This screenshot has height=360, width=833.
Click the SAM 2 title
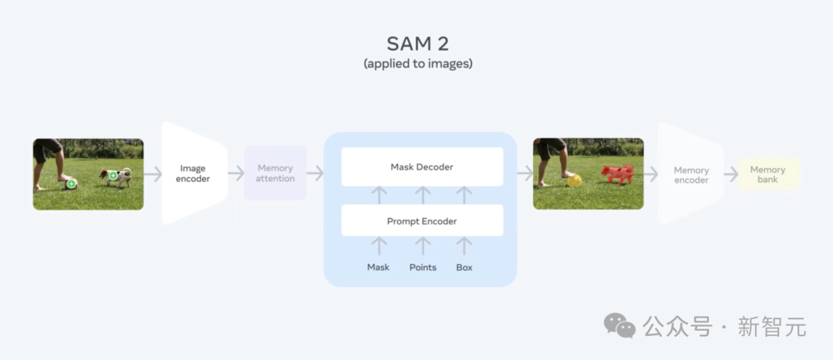417,43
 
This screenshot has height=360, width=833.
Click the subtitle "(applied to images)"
417,64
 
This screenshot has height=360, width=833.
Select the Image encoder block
194,173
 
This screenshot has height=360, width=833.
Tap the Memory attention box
275,173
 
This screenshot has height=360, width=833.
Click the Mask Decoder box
422,167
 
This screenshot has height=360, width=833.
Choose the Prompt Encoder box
422,221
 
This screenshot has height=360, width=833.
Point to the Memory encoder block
690,174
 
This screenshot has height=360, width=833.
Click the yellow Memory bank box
768,174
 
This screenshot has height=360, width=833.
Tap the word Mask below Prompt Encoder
378,267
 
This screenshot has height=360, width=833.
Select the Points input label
423,267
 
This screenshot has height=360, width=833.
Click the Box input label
464,267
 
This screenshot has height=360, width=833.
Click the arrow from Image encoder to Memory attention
236,173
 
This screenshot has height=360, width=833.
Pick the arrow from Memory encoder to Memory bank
731,173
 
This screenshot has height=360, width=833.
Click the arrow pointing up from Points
423,246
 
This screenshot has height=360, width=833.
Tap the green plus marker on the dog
113,175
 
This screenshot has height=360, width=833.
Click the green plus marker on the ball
71,183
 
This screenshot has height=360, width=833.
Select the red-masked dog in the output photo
617,173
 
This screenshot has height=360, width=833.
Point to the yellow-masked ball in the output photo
575,181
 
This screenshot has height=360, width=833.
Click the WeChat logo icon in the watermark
619,325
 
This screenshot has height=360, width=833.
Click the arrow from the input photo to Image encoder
153,173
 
